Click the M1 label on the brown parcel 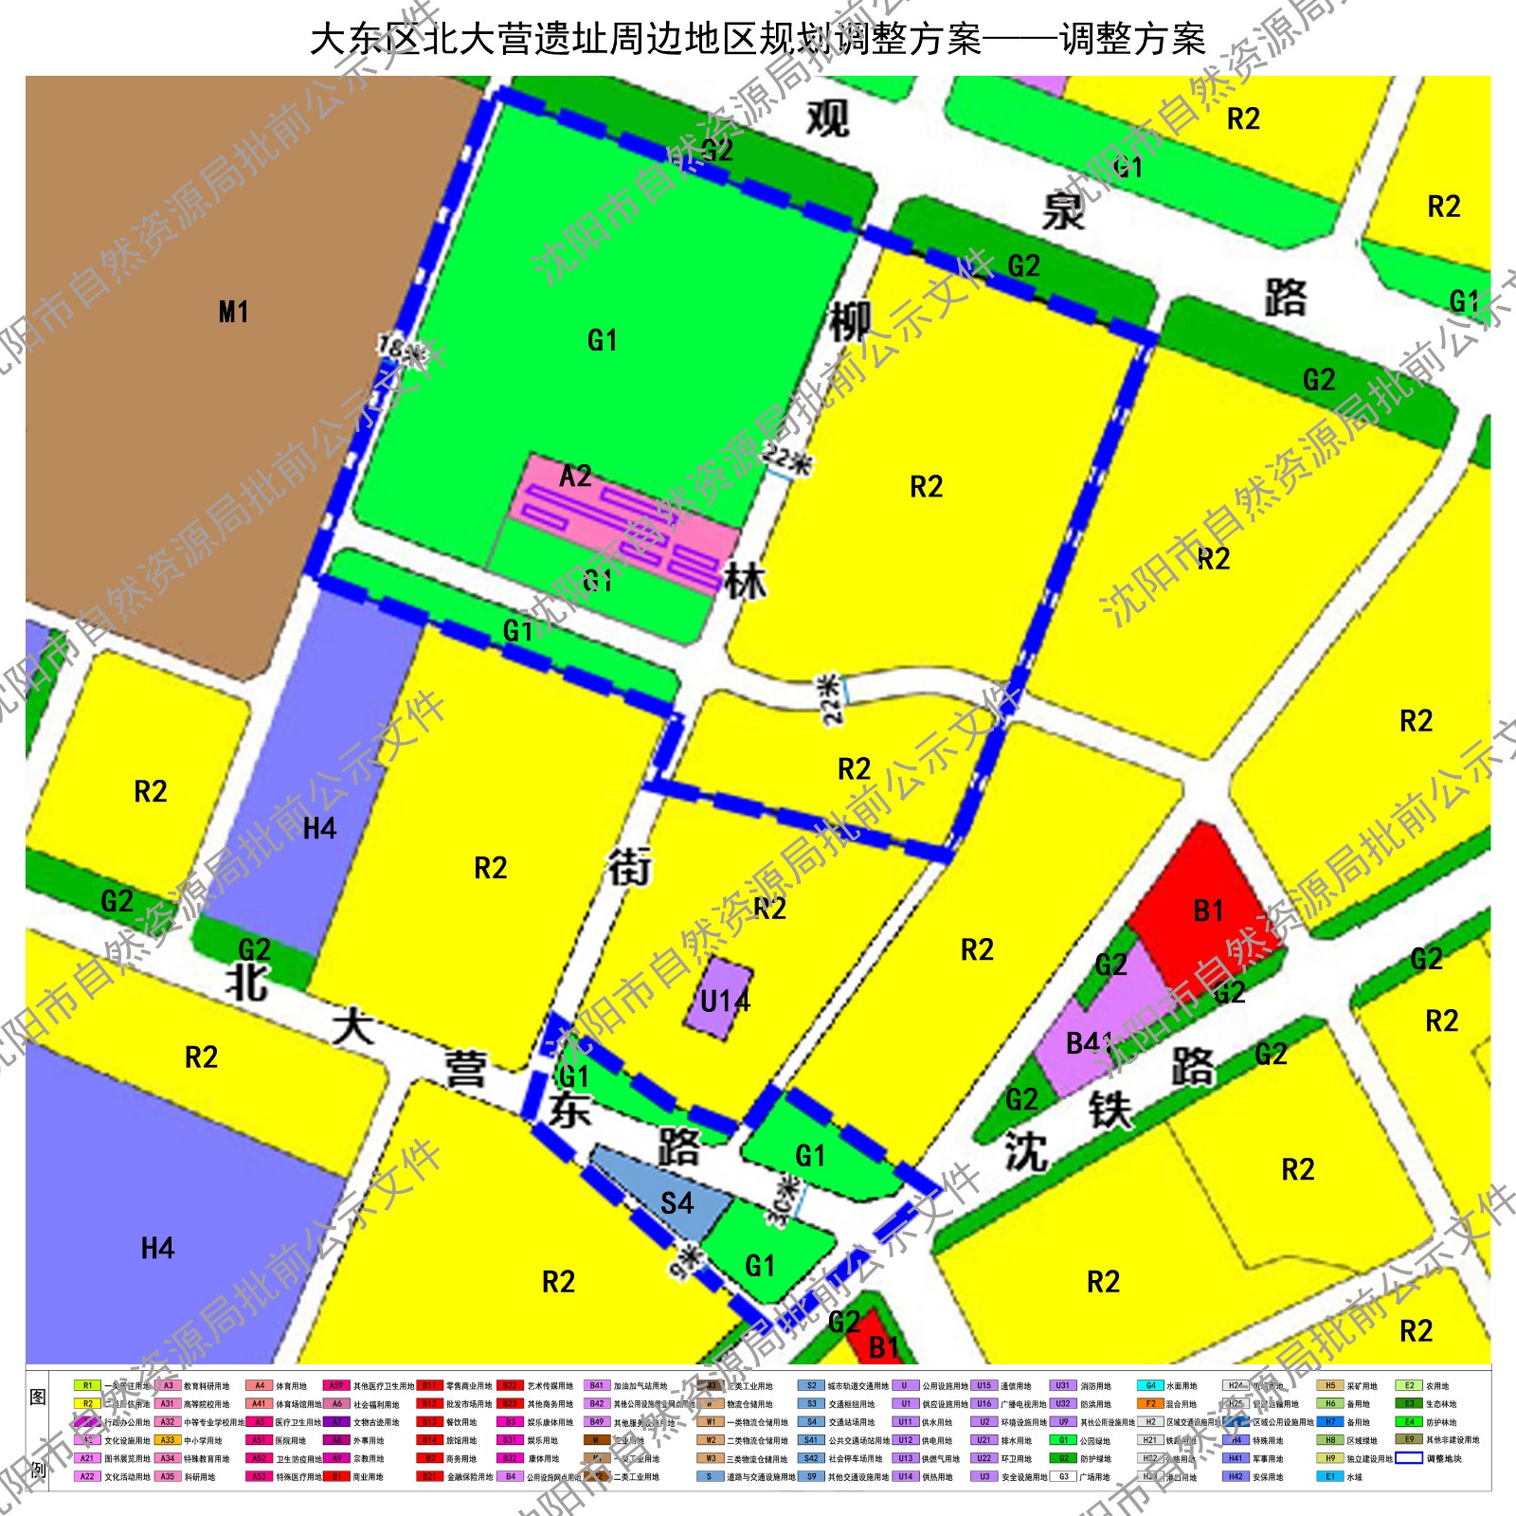pyautogui.click(x=233, y=312)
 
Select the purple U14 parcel pyautogui.click(x=718, y=997)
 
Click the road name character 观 pyautogui.click(x=827, y=119)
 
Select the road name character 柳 pyautogui.click(x=850, y=322)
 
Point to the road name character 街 pyautogui.click(x=629, y=867)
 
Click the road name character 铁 pyautogui.click(x=1110, y=1110)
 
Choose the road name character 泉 pyautogui.click(x=1062, y=210)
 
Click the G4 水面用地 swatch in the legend pyautogui.click(x=1150, y=1385)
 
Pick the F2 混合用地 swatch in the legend pyautogui.click(x=1150, y=1403)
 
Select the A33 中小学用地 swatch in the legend pyautogui.click(x=167, y=1440)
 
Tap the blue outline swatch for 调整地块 pyautogui.click(x=1409, y=1458)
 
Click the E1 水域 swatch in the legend pyautogui.click(x=1329, y=1476)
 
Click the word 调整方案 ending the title pyautogui.click(x=1132, y=40)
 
